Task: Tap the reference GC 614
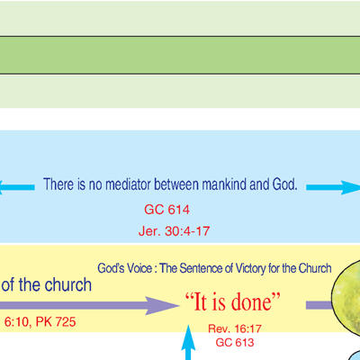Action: click(166, 210)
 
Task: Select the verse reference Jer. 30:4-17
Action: click(174, 231)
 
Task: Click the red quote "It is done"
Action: click(233, 301)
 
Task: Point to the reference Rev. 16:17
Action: click(235, 328)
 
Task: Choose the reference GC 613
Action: click(235, 342)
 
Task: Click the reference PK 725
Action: click(56, 322)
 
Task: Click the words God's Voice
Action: click(124, 268)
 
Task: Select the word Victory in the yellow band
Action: click(250, 268)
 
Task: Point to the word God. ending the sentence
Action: click(284, 184)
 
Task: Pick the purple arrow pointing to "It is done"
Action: click(89, 306)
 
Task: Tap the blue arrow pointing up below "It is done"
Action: click(188, 342)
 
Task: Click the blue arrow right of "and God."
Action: click(333, 187)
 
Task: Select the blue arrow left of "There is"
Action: click(17, 187)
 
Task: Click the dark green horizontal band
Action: click(180, 55)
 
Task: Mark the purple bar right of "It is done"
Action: click(319, 305)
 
